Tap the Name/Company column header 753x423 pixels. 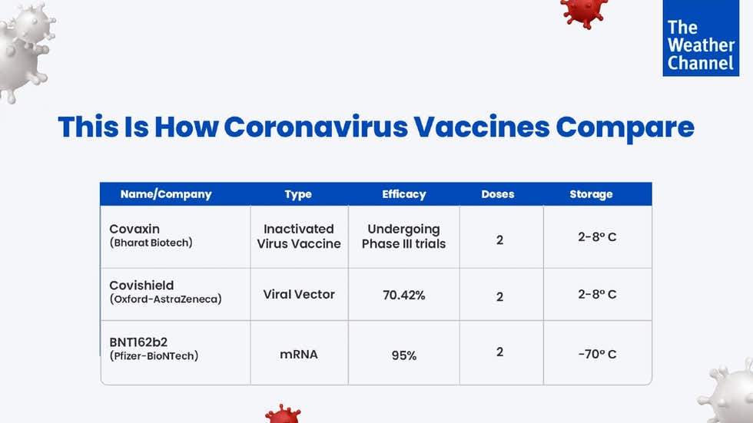166,194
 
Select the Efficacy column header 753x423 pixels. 403,194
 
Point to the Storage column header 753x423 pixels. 591,194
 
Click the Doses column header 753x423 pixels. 498,194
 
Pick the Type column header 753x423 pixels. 298,194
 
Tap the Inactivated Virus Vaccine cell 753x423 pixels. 299,236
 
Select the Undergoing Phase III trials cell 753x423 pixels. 403,236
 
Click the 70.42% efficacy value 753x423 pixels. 403,295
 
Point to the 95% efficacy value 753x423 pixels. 403,355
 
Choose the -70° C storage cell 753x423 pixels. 597,354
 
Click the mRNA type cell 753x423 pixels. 299,355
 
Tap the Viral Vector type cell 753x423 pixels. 299,294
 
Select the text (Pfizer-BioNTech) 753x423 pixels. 154,356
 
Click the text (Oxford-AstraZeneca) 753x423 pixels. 165,299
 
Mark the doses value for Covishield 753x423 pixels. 499,296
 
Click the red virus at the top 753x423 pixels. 584,12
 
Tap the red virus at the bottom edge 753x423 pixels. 283,414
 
